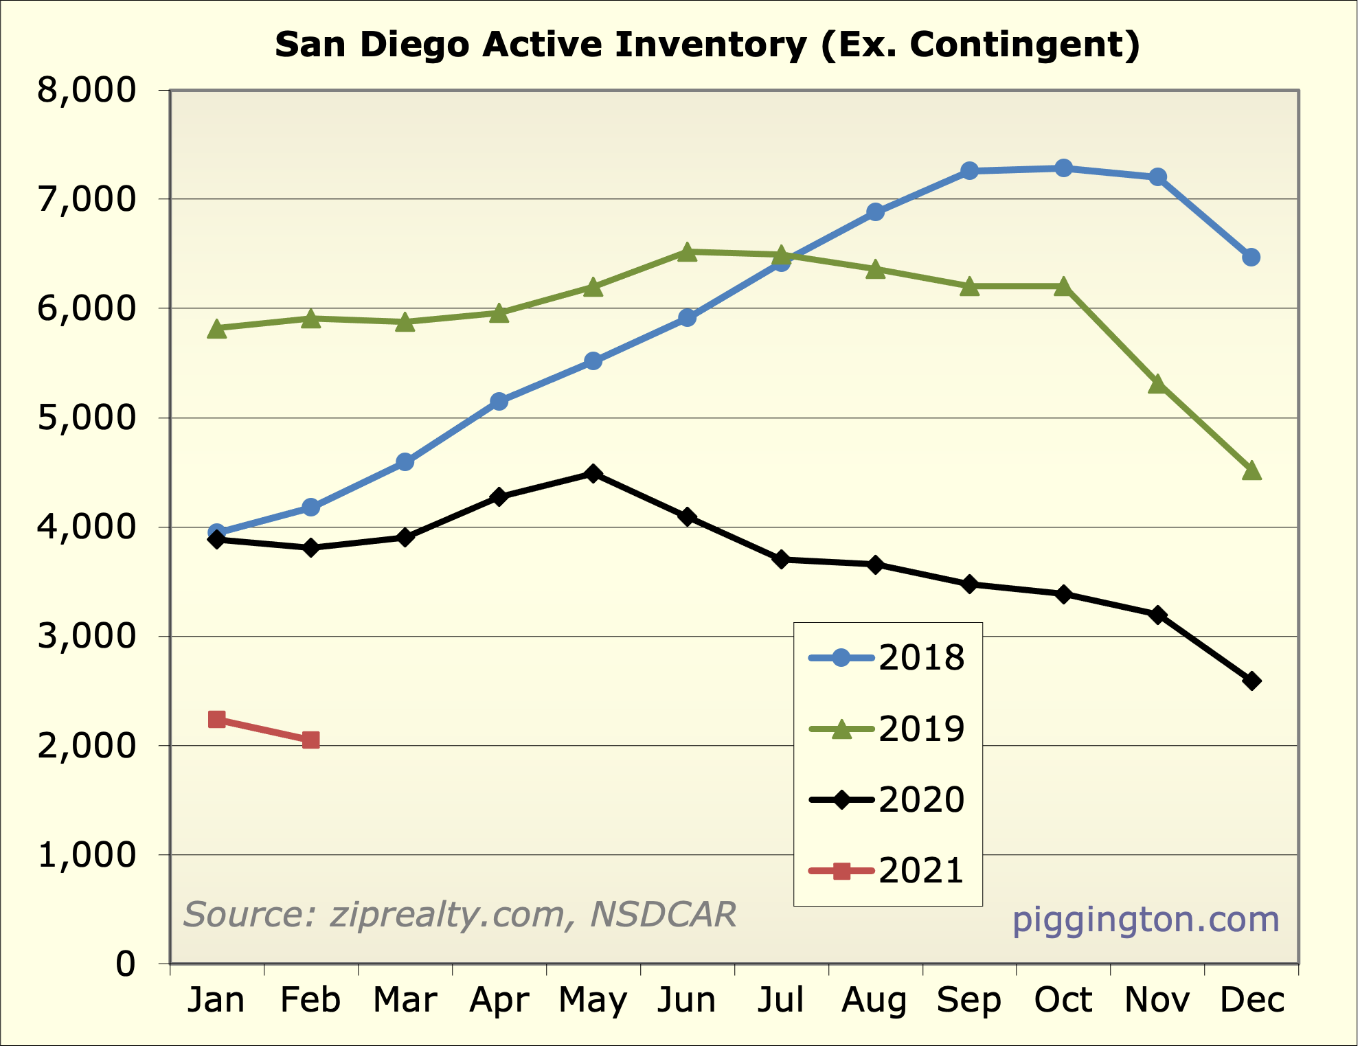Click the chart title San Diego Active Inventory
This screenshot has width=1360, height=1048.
pos(707,45)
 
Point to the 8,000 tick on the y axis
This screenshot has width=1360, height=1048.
pos(87,90)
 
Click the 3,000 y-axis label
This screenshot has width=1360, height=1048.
pos(87,637)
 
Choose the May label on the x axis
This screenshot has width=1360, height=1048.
pos(593,1000)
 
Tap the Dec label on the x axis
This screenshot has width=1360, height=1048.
pos(1251,1000)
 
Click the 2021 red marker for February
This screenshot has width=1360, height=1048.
pos(310,740)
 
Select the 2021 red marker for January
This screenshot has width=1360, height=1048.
pos(216,719)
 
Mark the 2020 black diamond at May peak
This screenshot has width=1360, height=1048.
pos(593,474)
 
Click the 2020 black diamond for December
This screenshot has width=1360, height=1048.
pos(1251,681)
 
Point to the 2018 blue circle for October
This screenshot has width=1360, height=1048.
pos(1063,168)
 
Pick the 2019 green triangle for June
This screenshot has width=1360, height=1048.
pos(688,252)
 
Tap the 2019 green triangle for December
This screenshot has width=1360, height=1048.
pos(1251,471)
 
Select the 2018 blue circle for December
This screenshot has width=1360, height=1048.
pos(1251,258)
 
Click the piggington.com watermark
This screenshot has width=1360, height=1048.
pos(1146,920)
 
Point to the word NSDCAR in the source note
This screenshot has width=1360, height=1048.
pos(663,915)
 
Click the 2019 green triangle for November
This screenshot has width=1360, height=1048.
pos(1157,384)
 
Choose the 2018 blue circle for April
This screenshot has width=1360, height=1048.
pos(499,401)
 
